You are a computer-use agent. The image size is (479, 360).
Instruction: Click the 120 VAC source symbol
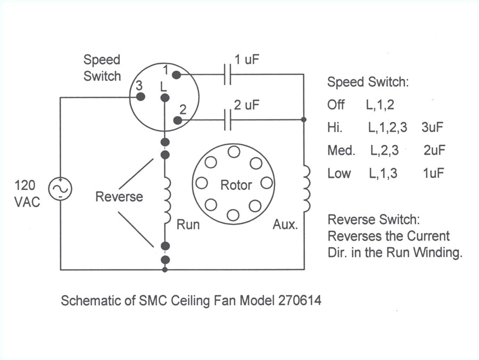point(60,189)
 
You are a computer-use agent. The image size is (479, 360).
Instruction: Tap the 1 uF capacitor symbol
point(228,75)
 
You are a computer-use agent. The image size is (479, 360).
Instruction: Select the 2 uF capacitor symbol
point(228,120)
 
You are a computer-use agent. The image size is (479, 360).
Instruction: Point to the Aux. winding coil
point(306,190)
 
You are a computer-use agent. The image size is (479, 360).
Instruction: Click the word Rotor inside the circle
point(236,185)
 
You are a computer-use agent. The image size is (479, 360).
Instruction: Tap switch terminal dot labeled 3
point(141,97)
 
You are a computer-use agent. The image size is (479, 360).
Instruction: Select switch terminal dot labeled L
point(165,98)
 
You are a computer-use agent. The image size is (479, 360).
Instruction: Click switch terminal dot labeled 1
point(176,75)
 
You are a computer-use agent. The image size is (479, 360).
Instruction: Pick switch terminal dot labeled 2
point(177,120)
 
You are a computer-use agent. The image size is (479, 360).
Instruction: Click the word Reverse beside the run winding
point(119,197)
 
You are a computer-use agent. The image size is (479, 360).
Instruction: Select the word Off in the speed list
point(336,105)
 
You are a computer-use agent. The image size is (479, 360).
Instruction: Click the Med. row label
point(341,150)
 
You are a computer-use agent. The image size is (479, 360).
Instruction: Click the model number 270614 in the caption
point(299,300)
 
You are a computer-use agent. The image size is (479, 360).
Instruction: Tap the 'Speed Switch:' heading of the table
point(367,83)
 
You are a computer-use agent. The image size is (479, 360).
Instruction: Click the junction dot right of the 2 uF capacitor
point(303,120)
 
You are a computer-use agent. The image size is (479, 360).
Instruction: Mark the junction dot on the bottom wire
point(165,269)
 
